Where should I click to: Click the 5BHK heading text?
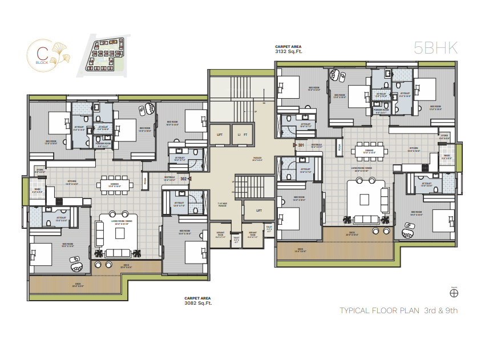tap(436, 48)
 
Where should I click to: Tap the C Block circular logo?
tap(43, 55)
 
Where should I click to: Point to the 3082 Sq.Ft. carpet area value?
tap(198, 303)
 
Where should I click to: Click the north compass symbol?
tap(454, 293)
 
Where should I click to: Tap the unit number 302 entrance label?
tap(184, 179)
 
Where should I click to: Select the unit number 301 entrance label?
tap(301, 145)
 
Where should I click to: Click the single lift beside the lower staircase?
tap(258, 210)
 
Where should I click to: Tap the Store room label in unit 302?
tap(39, 169)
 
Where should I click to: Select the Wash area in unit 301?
tap(446, 155)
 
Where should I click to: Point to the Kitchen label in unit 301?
tap(414, 148)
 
